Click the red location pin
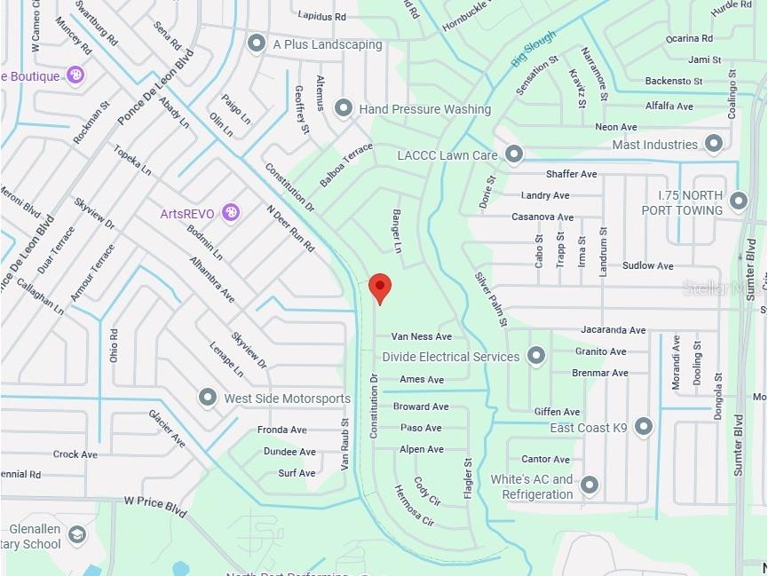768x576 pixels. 380,287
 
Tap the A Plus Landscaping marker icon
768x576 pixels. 257,43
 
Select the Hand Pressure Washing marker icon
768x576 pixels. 344,108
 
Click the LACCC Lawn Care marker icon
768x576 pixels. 514,154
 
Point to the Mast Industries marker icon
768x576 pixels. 714,144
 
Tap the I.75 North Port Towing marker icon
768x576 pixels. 739,201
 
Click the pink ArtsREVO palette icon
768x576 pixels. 231,212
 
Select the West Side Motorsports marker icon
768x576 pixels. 208,398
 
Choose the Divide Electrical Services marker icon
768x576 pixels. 535,356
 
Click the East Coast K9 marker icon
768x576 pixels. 644,427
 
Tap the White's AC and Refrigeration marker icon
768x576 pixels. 589,485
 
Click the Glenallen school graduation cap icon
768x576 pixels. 78,535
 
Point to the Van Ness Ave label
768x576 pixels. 422,336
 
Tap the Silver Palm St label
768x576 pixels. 490,298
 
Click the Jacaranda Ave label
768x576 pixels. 614,329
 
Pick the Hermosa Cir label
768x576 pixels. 415,506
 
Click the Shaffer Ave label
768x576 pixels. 571,174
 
